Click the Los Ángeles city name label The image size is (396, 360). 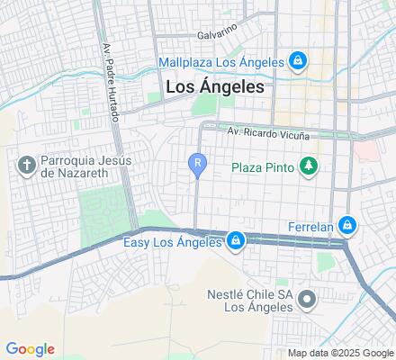coord(215,87)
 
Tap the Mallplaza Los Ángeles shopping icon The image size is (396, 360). coord(298,61)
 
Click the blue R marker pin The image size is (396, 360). coord(197,164)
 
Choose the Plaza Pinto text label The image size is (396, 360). coord(264,166)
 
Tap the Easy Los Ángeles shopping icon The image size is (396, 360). coord(235,241)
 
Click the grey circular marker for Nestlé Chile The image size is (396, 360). coord(307,298)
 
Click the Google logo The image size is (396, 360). coord(30,349)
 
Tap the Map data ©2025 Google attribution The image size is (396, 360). coord(340,353)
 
